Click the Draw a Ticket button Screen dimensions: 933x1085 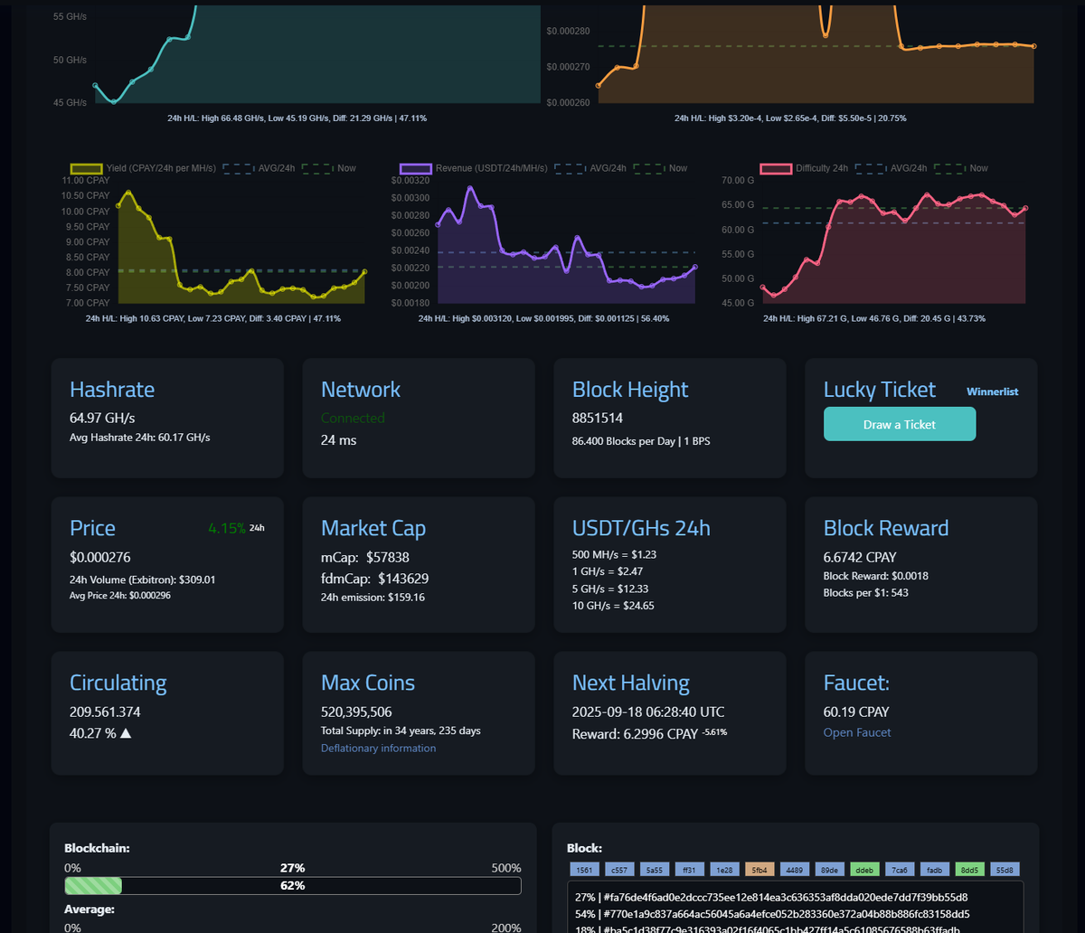(899, 424)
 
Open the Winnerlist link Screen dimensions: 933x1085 (992, 391)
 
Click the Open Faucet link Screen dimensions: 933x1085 (856, 732)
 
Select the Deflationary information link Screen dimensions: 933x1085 (378, 748)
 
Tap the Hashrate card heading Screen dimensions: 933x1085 (112, 390)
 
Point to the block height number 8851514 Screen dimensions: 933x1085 (598, 419)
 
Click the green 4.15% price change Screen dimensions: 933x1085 (226, 528)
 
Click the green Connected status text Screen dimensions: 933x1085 (353, 418)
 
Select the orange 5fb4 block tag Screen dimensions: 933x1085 (758, 870)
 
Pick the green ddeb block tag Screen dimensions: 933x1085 (863, 870)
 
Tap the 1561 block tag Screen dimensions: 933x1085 (583, 870)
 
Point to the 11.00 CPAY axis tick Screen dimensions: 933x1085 (86, 181)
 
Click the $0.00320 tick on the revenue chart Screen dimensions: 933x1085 (410, 181)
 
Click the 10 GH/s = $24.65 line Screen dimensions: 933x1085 (613, 606)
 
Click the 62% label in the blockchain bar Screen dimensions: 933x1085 (292, 885)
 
